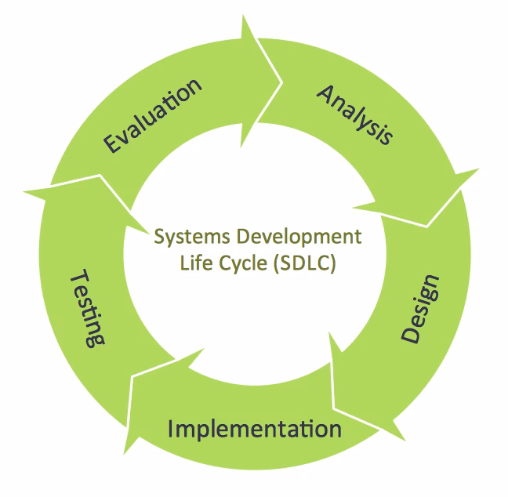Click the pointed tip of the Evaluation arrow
pyautogui.click(x=282, y=77)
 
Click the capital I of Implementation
pyautogui.click(x=172, y=428)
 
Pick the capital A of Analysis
pyautogui.click(x=325, y=92)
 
